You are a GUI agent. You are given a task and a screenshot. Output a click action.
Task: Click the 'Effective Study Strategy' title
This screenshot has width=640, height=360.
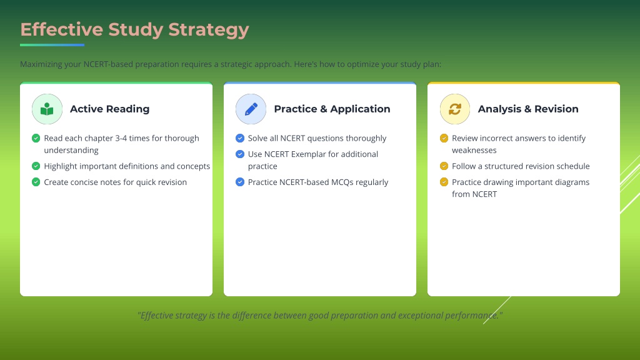pyautogui.click(x=134, y=30)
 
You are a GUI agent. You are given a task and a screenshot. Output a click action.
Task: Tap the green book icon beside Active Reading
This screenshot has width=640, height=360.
pyautogui.click(x=47, y=109)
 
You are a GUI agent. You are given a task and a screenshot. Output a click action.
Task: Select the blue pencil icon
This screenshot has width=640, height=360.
pyautogui.click(x=251, y=109)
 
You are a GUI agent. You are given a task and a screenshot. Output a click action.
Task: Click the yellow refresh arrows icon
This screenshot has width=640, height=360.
pyautogui.click(x=455, y=109)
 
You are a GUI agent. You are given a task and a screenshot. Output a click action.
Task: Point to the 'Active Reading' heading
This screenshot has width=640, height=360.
pyautogui.click(x=109, y=109)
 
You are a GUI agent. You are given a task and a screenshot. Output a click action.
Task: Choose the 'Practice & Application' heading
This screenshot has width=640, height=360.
pyautogui.click(x=332, y=109)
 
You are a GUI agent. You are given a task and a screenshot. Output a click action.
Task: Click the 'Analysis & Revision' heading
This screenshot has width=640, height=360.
pyautogui.click(x=528, y=109)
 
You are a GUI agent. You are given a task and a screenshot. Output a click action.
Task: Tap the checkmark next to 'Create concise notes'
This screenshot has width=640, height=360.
pyautogui.click(x=36, y=182)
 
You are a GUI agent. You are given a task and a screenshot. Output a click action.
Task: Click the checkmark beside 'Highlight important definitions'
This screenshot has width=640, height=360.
pyautogui.click(x=36, y=166)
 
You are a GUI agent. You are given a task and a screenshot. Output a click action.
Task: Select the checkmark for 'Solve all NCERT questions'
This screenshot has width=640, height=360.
pyautogui.click(x=240, y=138)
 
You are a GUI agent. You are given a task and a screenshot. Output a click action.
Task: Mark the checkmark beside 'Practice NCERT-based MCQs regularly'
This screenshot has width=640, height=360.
pyautogui.click(x=240, y=182)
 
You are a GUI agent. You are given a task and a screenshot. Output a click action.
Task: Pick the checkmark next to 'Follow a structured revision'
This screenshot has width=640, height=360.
pyautogui.click(x=444, y=166)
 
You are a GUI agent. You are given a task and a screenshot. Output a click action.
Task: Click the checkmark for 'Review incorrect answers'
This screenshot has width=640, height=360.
pyautogui.click(x=444, y=138)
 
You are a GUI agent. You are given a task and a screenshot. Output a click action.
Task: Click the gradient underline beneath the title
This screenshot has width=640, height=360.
pyautogui.click(x=52, y=45)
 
